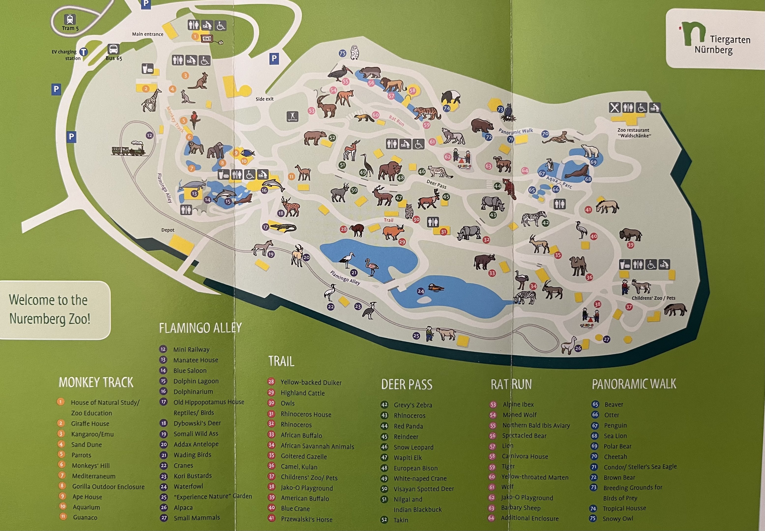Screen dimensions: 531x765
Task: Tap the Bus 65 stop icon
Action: point(113,50)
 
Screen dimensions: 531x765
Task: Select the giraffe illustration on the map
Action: point(152,100)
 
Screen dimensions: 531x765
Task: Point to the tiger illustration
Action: point(427,113)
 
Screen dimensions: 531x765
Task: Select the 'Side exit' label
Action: point(265,99)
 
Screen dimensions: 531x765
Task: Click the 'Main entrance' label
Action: point(148,34)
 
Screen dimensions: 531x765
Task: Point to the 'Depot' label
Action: point(168,230)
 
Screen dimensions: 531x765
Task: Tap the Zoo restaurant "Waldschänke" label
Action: point(634,133)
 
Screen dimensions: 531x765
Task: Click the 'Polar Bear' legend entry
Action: point(617,446)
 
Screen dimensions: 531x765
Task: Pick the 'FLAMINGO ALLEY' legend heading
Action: point(200,328)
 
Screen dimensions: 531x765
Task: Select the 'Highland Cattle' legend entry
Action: point(302,393)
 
